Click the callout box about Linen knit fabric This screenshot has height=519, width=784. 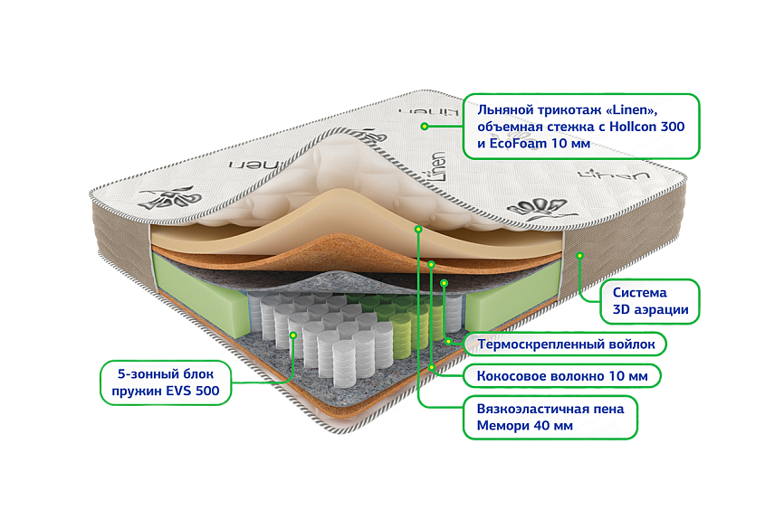(x=580, y=125)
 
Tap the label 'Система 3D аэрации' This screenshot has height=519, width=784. (x=650, y=302)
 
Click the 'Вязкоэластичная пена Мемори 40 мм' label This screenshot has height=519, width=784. (x=550, y=417)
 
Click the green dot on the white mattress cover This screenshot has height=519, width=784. (x=423, y=126)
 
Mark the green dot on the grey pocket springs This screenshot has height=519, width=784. (x=293, y=335)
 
